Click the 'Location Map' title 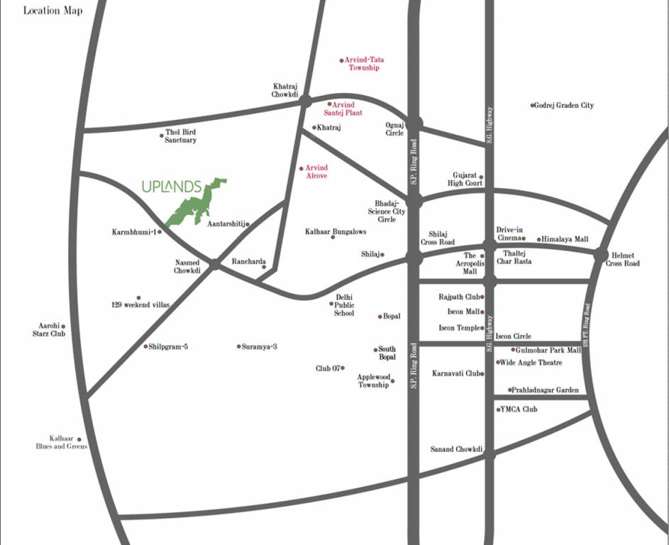[52, 11]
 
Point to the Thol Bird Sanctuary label [180, 136]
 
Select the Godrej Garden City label [565, 106]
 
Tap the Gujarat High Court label [468, 179]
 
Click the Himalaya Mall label [565, 240]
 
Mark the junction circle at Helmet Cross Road [602, 254]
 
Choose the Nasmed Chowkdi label [188, 266]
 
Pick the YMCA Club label [520, 409]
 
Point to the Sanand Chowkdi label [456, 450]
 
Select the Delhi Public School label [344, 304]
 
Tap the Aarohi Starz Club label [52, 329]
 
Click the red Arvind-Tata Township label [364, 64]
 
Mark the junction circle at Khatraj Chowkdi [306, 101]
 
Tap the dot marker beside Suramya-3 [239, 346]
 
